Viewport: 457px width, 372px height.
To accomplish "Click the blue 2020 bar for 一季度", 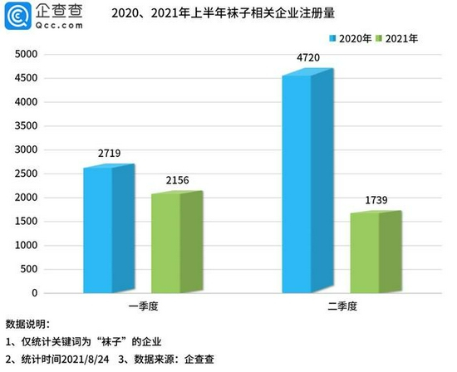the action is point(109,228).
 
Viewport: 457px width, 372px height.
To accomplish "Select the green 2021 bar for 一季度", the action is point(177,242).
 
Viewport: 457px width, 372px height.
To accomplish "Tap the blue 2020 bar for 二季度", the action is point(307,181).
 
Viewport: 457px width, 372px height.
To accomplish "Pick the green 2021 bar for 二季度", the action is point(376,252).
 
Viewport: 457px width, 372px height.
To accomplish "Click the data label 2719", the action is point(110,154).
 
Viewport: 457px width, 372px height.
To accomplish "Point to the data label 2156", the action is point(178,181).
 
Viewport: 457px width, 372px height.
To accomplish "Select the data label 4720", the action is point(308,57).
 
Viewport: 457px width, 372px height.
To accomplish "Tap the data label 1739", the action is point(376,200).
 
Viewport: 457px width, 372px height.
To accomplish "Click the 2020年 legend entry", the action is point(351,38).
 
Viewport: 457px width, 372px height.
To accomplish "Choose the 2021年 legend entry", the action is point(397,38).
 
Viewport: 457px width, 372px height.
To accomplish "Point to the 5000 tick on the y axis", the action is point(27,54).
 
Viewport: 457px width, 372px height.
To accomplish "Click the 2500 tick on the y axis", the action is point(27,174).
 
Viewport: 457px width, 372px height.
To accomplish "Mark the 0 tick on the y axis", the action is point(35,293).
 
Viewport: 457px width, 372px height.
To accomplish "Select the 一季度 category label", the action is point(144,306).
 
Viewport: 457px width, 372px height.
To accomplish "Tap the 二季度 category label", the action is point(342,306).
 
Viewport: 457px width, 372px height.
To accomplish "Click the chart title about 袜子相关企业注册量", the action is point(224,13).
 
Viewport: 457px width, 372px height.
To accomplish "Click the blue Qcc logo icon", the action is point(17,16).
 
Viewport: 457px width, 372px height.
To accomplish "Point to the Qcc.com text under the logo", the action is point(59,26).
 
